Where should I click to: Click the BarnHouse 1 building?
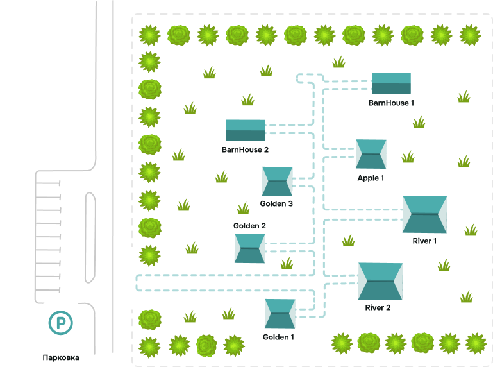391,83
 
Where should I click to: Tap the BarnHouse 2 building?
245,130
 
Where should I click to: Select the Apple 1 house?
371,154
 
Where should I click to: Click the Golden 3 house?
277,182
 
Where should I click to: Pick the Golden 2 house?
249,248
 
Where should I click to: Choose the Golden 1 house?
280,314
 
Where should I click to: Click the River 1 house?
424,214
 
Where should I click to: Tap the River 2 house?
380,281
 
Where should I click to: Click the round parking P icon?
61,322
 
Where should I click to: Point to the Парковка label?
61,357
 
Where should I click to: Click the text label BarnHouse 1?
391,103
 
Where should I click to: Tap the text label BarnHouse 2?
245,149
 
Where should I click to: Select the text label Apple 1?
371,178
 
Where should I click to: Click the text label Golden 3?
277,203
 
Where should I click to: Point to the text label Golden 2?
249,226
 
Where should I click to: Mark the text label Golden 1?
279,337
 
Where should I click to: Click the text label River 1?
424,241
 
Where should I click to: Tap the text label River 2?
378,308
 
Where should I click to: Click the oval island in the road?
90,237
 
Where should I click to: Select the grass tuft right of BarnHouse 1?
464,97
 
